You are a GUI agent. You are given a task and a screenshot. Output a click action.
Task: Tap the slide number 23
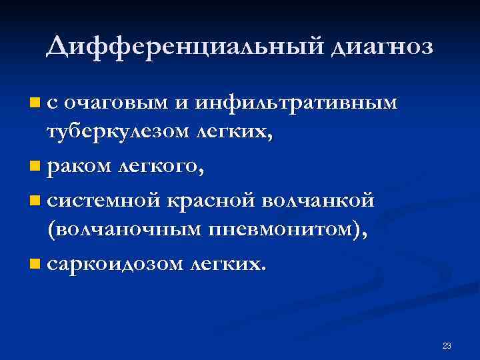pos(447,345)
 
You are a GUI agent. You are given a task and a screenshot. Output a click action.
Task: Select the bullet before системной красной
pos(35,199)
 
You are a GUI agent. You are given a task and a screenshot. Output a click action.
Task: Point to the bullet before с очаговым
pos(35,103)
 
